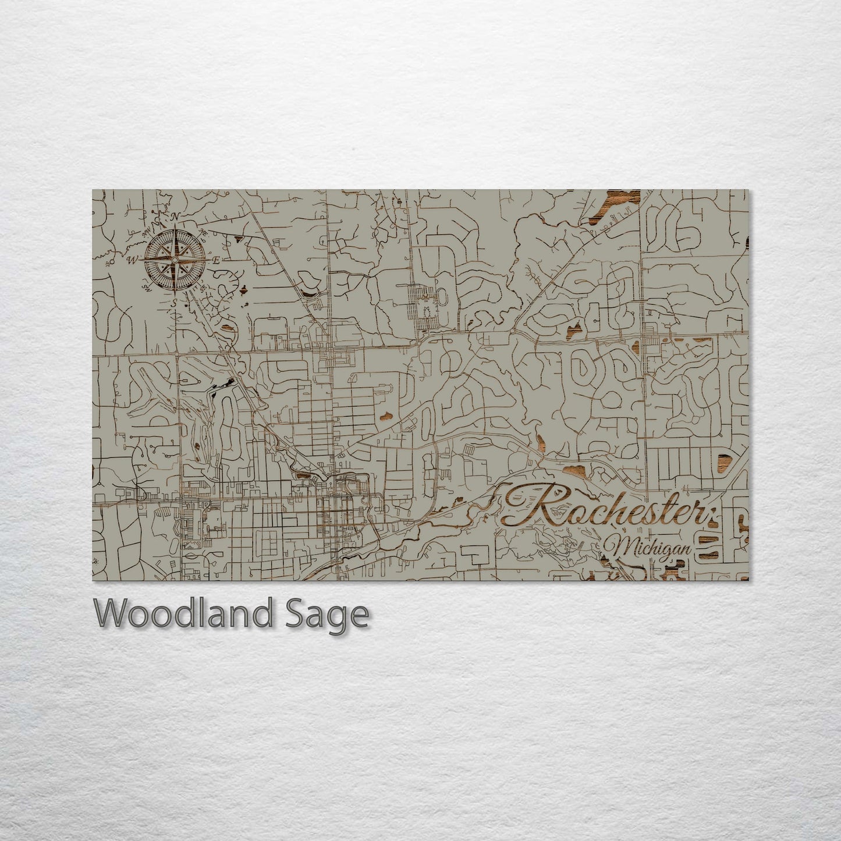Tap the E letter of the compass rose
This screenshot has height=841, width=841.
(x=215, y=260)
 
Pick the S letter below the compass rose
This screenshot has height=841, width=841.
(x=173, y=303)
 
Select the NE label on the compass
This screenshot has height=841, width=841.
(x=203, y=232)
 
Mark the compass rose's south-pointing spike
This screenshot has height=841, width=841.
(x=173, y=283)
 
